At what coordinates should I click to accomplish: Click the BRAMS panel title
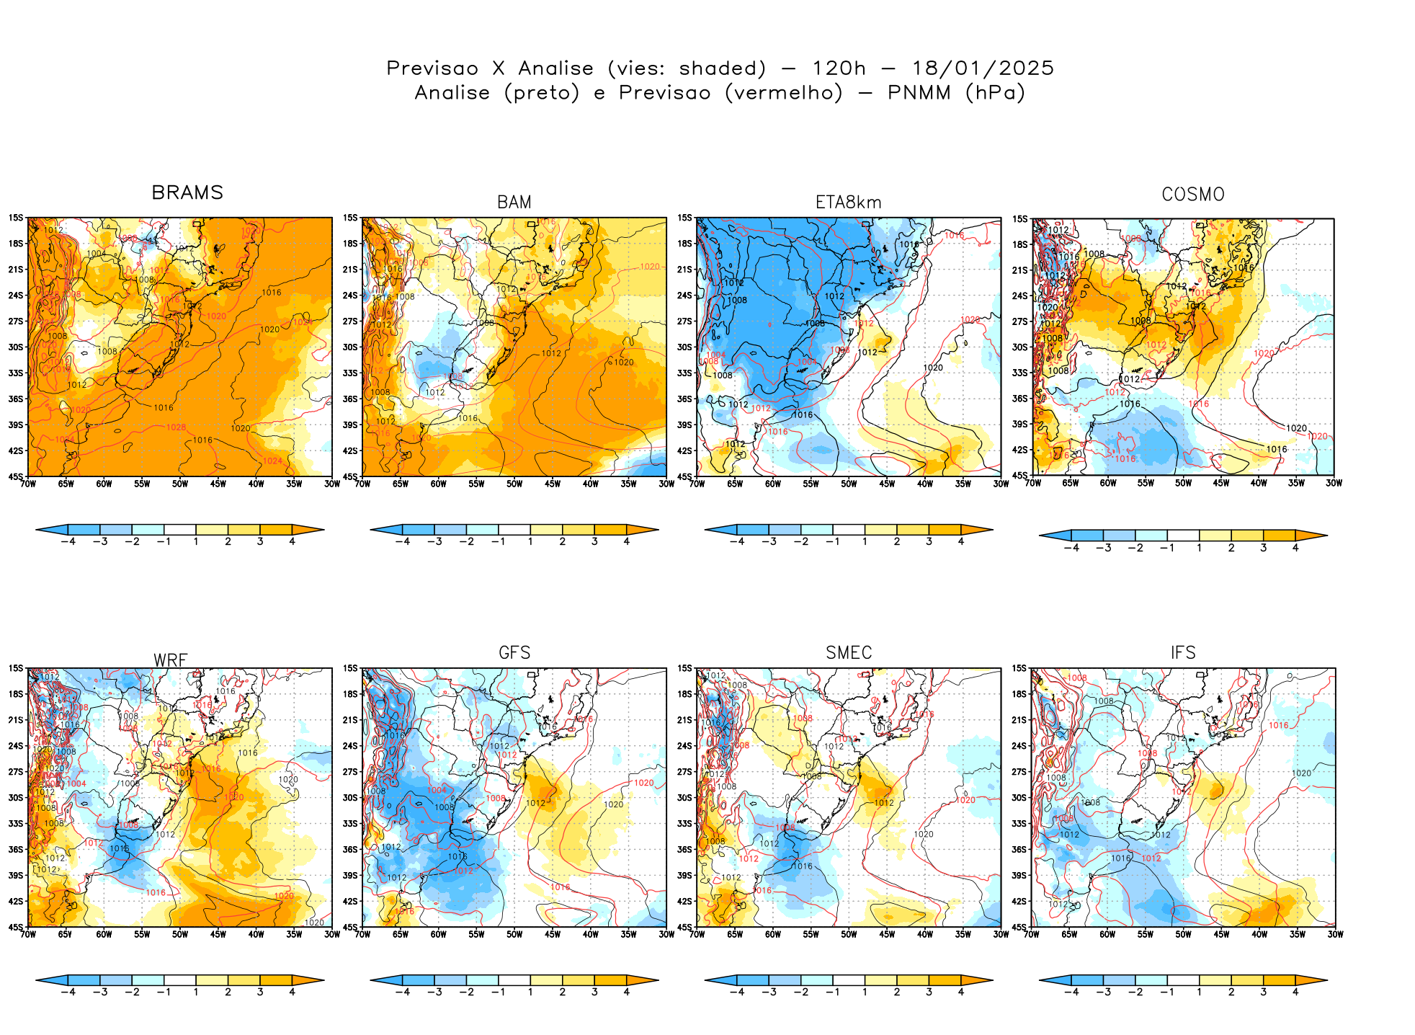187,192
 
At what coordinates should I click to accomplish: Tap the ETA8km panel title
848,203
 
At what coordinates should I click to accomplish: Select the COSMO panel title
1192,195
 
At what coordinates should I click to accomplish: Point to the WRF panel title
171,660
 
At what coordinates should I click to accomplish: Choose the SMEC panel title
849,653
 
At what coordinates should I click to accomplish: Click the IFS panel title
1183,653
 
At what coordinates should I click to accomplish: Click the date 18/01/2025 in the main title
983,68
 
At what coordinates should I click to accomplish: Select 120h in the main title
839,68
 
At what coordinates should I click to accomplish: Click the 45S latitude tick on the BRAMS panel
16,476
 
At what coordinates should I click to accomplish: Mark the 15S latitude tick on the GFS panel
350,668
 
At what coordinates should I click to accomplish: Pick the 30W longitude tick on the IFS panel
1335,935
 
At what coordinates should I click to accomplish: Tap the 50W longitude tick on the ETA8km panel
849,484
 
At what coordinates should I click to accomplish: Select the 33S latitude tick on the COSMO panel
1020,373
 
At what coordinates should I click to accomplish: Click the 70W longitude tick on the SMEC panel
697,935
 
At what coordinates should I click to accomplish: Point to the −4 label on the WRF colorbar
68,992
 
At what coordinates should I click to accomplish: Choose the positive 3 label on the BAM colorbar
594,542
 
